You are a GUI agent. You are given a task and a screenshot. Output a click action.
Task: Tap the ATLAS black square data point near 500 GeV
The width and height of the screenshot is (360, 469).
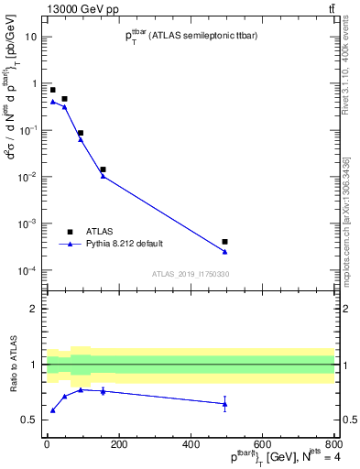coord(224,242)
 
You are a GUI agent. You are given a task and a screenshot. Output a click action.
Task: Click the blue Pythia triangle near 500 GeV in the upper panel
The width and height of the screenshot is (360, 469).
coord(224,251)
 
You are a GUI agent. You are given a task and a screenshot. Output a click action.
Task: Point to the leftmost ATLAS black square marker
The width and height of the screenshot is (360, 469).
coord(52,90)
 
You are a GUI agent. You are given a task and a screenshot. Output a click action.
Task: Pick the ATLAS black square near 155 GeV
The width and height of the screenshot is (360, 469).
coord(103,169)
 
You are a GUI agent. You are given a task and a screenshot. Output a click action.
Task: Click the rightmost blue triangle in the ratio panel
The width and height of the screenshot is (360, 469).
coord(224,403)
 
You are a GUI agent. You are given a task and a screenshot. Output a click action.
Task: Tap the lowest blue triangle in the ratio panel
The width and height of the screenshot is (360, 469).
coord(52,409)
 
